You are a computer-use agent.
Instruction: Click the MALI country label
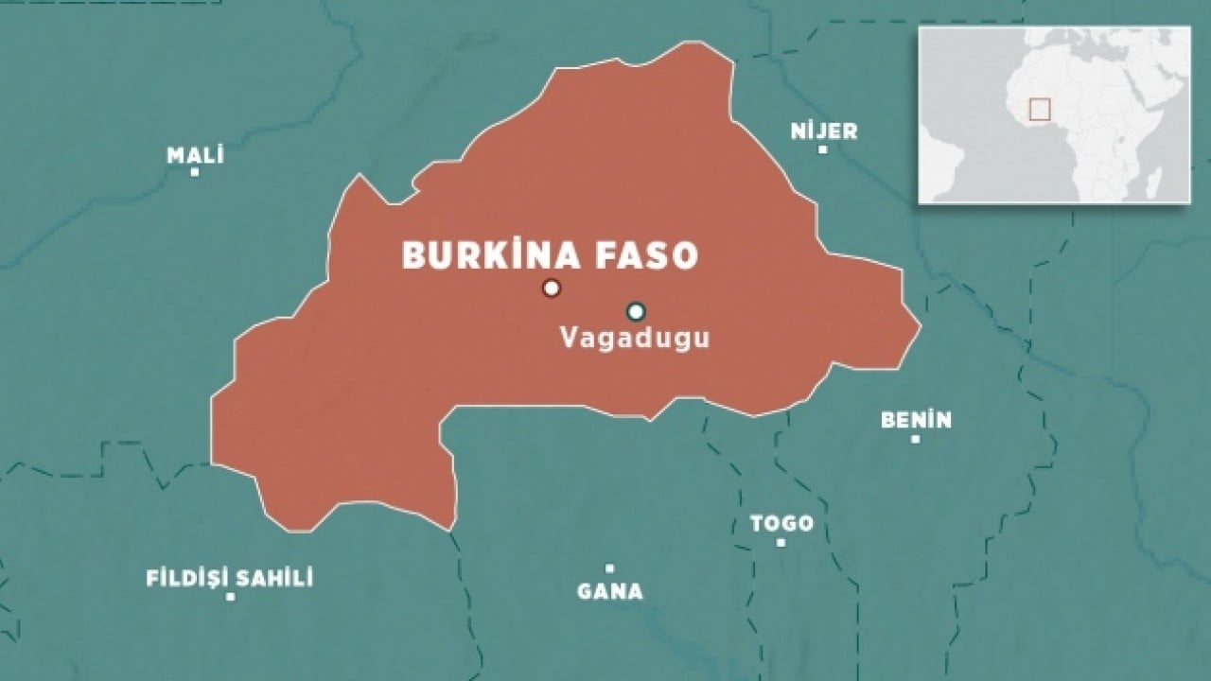point(195,155)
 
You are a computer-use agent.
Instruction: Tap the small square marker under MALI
point(195,173)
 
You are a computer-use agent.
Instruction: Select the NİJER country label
point(824,131)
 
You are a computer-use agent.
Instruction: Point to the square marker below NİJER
point(823,149)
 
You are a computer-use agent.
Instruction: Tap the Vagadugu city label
point(634,339)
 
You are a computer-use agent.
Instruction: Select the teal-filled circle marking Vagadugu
point(636,311)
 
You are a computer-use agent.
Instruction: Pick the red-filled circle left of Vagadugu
point(552,288)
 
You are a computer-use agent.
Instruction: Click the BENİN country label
point(916,420)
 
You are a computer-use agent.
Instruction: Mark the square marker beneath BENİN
point(915,439)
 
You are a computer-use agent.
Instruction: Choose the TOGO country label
point(781,523)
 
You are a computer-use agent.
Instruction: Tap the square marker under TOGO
point(781,543)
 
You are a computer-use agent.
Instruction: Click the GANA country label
point(610,591)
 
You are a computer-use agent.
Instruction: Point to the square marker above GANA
point(610,568)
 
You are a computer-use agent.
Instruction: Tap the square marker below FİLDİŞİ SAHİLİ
point(230,598)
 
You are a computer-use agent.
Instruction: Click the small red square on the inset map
point(1040,109)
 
